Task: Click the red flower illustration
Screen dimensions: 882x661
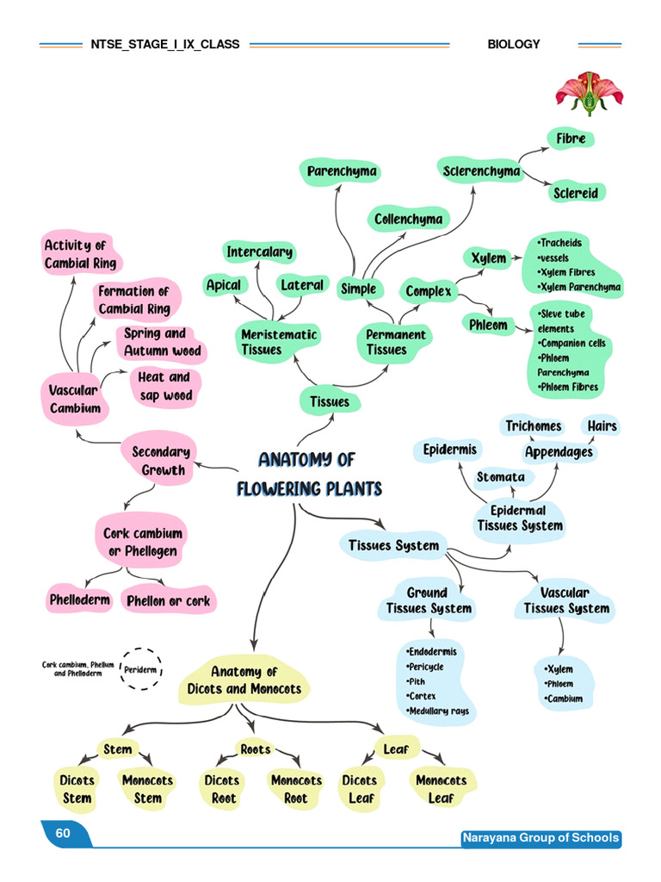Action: click(590, 93)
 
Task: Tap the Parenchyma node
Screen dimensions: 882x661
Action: click(342, 171)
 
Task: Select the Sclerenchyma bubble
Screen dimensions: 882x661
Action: click(481, 171)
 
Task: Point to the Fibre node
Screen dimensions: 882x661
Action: click(570, 138)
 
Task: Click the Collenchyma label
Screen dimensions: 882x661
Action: click(408, 219)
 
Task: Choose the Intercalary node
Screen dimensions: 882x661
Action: click(259, 252)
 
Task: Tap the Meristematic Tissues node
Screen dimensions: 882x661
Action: click(267, 342)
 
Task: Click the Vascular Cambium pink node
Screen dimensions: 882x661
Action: click(75, 400)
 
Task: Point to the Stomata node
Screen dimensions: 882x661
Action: click(501, 476)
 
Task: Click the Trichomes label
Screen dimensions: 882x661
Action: click(533, 425)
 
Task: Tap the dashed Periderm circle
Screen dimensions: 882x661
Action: click(139, 668)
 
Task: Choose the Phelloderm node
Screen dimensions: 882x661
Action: click(79, 599)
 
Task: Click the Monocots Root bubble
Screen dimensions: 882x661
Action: click(296, 789)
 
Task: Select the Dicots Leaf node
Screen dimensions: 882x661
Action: click(360, 789)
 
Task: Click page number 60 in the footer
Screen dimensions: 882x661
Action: click(63, 834)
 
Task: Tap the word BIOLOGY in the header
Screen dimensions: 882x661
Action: click(513, 44)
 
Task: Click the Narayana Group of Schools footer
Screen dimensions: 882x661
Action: click(541, 838)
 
